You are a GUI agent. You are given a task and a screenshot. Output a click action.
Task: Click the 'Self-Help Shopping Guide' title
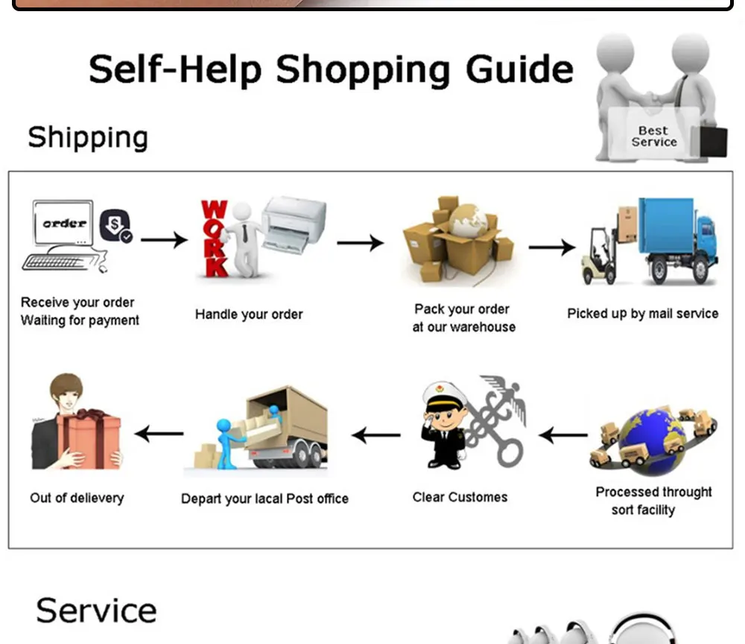pyautogui.click(x=331, y=69)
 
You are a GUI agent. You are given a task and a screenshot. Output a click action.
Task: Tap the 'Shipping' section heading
pyautogui.click(x=88, y=137)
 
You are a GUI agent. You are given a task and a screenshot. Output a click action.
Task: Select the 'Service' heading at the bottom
pyautogui.click(x=96, y=610)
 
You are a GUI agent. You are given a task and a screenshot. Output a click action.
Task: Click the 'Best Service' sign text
pyautogui.click(x=654, y=136)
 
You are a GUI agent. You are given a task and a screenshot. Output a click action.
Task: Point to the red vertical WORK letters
pyautogui.click(x=214, y=239)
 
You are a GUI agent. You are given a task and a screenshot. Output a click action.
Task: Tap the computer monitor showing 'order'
pyautogui.click(x=63, y=222)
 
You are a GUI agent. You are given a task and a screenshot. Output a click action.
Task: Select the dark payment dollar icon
pyautogui.click(x=115, y=225)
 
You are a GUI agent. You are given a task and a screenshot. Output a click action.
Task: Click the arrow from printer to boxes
pyautogui.click(x=360, y=243)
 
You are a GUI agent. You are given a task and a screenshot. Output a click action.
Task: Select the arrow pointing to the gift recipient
pyautogui.click(x=159, y=434)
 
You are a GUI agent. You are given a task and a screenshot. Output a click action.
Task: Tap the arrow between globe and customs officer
pyautogui.click(x=563, y=435)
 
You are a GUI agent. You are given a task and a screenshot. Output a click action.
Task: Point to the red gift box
pyautogui.click(x=90, y=440)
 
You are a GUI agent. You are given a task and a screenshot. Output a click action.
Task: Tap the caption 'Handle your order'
pyautogui.click(x=249, y=315)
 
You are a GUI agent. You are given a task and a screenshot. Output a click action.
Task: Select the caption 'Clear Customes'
pyautogui.click(x=460, y=497)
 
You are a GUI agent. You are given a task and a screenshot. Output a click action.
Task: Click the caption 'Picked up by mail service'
pyautogui.click(x=643, y=314)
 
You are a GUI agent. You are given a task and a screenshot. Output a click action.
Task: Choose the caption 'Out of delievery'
pyautogui.click(x=77, y=498)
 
